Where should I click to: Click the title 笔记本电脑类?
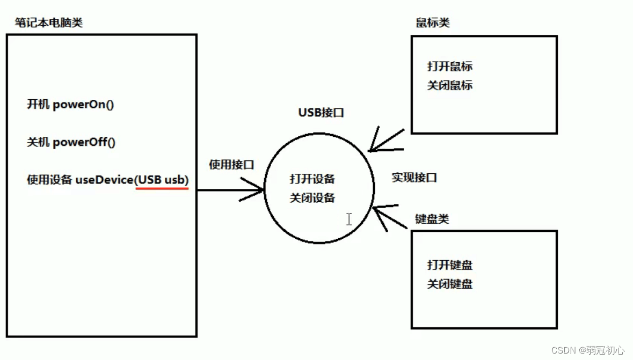click(x=49, y=23)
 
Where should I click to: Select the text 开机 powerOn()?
click(x=70, y=104)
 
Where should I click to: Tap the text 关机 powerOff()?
click(x=71, y=142)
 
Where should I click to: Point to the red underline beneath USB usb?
click(x=162, y=189)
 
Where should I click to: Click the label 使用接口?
click(x=231, y=165)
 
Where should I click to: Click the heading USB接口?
click(x=321, y=113)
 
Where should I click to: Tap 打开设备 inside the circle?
click(x=312, y=179)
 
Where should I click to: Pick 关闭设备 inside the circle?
click(x=312, y=198)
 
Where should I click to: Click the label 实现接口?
click(x=414, y=178)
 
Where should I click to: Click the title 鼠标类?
click(x=433, y=23)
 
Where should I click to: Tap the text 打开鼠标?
click(x=450, y=67)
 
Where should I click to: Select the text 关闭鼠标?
click(x=450, y=85)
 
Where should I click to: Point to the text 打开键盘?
click(x=450, y=265)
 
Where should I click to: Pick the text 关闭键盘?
click(x=450, y=284)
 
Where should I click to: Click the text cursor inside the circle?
click(x=349, y=219)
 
